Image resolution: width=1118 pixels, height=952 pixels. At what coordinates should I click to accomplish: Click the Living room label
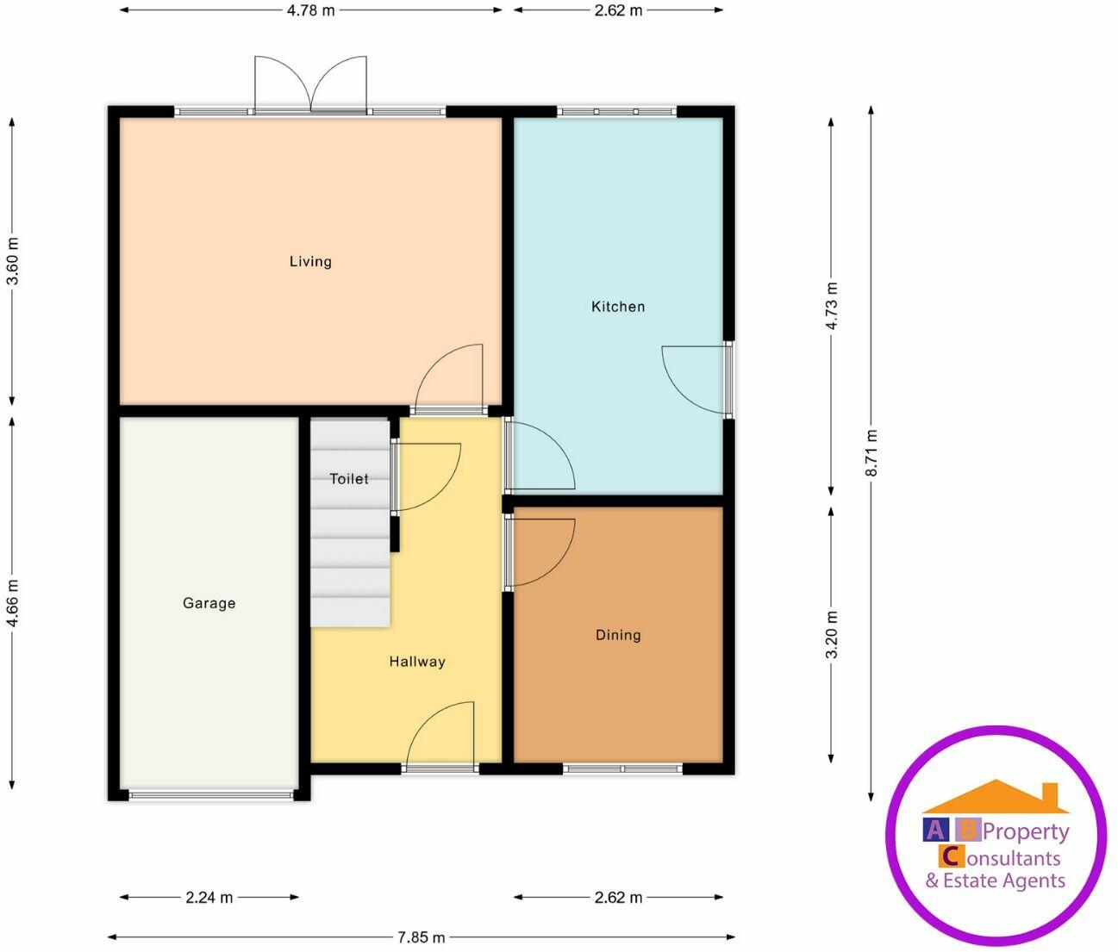[310, 261]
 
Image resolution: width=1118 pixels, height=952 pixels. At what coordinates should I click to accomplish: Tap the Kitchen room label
[618, 307]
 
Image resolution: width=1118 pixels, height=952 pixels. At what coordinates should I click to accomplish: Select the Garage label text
[209, 603]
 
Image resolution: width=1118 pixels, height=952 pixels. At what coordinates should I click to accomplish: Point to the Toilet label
[349, 479]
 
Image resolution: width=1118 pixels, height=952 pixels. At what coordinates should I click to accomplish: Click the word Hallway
[417, 662]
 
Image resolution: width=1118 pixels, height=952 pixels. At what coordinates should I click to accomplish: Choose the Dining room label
[618, 635]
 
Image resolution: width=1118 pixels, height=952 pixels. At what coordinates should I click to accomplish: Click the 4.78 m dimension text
[311, 10]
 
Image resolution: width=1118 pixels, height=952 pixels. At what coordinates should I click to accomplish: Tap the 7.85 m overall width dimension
[422, 936]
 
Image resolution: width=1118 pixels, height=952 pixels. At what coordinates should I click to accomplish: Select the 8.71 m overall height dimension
[871, 452]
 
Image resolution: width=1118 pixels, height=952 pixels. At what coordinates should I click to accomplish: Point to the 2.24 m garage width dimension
[209, 897]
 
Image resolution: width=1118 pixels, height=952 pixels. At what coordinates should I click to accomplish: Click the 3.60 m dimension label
[12, 261]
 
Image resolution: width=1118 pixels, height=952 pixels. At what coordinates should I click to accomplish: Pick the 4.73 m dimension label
[831, 306]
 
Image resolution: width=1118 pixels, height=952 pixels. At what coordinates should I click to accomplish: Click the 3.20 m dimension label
[831, 635]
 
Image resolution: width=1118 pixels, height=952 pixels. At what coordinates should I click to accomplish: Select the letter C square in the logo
[950, 856]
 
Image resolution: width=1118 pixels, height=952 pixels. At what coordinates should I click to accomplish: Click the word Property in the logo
[1026, 831]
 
